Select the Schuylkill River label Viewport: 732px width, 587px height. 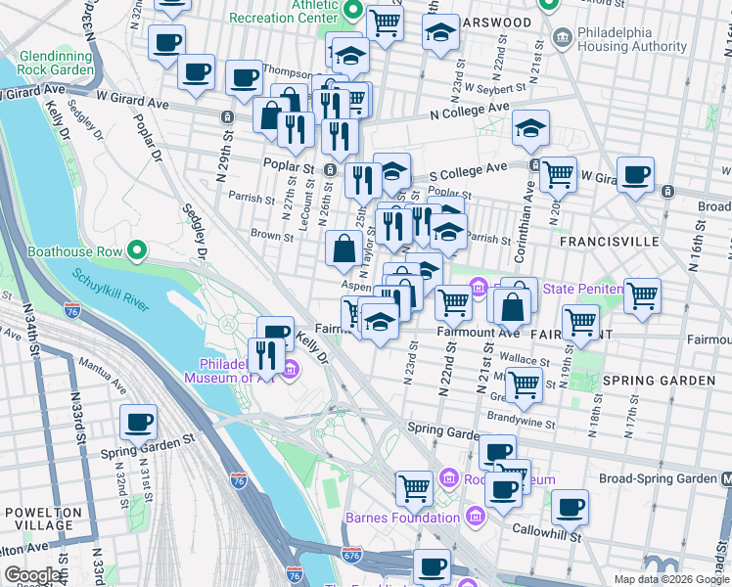109,290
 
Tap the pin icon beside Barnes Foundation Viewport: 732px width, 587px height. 475,516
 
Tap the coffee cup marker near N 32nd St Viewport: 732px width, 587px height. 138,423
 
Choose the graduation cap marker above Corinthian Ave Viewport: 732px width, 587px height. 530,128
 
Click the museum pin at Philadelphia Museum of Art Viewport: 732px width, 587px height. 291,369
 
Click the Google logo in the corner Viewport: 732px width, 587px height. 32,575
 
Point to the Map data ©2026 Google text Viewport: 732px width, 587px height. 670,579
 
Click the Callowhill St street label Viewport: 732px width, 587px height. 549,536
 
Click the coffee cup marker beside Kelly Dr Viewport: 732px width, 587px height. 276,334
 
